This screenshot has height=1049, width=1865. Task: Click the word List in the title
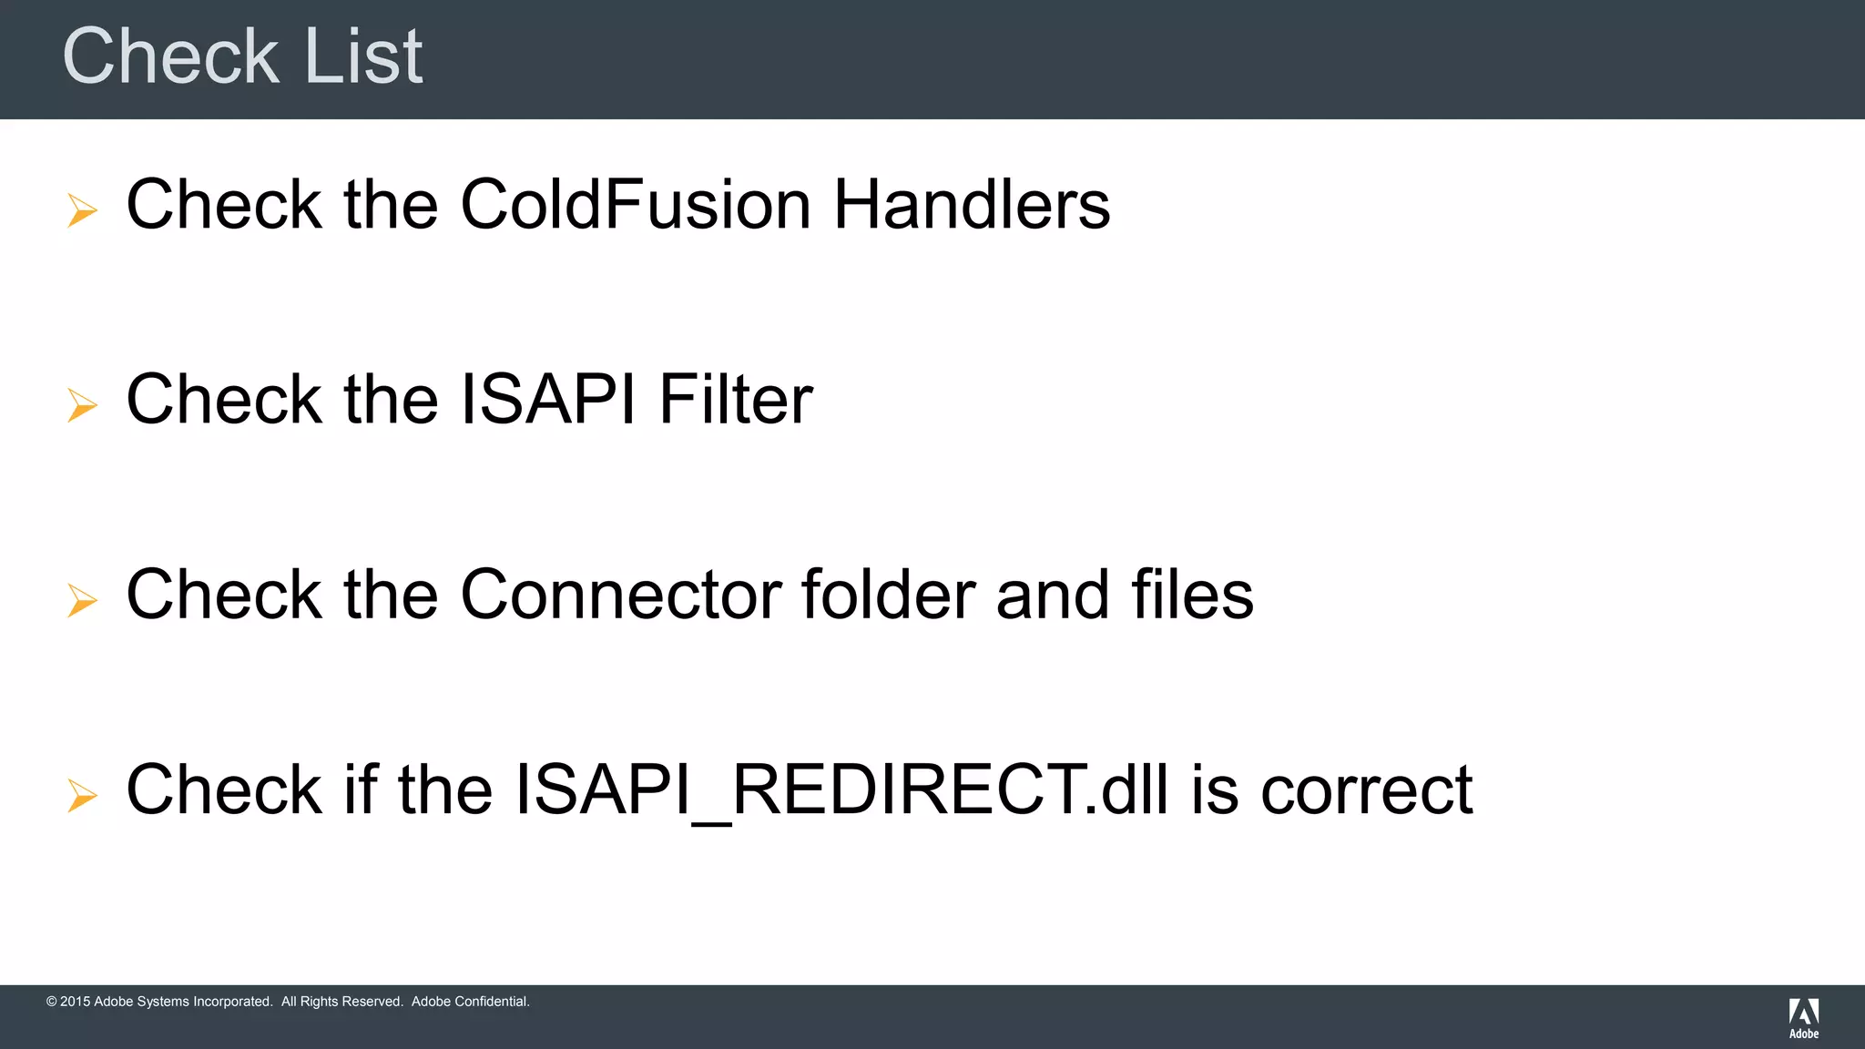(363, 56)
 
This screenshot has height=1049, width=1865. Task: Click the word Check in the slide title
(170, 56)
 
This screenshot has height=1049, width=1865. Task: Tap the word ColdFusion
(636, 204)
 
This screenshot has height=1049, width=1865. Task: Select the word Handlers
(972, 204)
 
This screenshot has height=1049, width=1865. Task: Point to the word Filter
(736, 399)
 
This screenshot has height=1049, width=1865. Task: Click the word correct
(1366, 789)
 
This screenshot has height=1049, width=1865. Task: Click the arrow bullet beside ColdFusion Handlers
(82, 210)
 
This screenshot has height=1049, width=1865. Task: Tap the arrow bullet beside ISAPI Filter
(82, 405)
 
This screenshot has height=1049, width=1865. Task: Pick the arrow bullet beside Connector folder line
(82, 600)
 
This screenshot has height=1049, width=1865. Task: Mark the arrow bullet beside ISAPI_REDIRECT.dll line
(82, 795)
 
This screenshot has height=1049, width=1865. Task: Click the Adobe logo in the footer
(1803, 1017)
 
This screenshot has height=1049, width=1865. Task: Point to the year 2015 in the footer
(75, 1002)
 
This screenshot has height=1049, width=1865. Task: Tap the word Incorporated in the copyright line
(231, 1002)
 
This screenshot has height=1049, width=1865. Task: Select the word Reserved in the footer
(371, 1002)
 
